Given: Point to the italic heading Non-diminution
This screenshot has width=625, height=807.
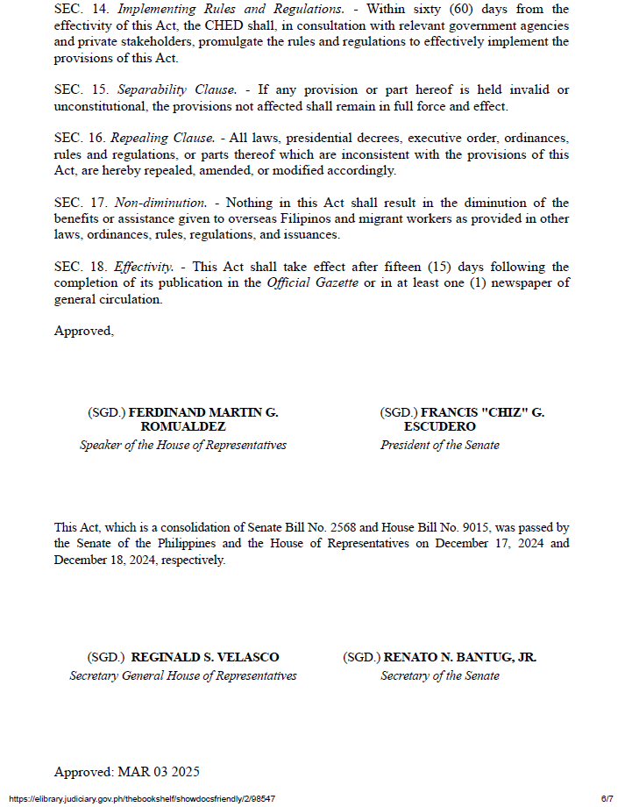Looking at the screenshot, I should pyautogui.click(x=160, y=203).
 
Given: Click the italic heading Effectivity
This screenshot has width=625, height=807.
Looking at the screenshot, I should pyautogui.click(x=144, y=267).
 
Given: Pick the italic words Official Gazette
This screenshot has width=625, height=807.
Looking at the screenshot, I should pyautogui.click(x=306, y=282).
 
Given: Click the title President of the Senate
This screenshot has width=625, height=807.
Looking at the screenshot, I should pyautogui.click(x=439, y=445).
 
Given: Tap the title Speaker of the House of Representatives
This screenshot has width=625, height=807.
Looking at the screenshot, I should pyautogui.click(x=183, y=445).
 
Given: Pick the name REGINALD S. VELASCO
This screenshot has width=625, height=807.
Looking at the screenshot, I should pyautogui.click(x=205, y=657).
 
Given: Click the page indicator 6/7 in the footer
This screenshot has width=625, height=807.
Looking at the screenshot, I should pyautogui.click(x=607, y=798).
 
